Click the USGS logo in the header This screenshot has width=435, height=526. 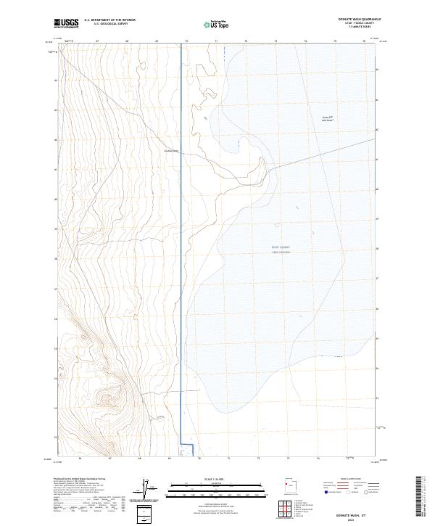pyautogui.click(x=66, y=23)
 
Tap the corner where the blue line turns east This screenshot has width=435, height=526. pyautogui.click(x=181, y=444)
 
